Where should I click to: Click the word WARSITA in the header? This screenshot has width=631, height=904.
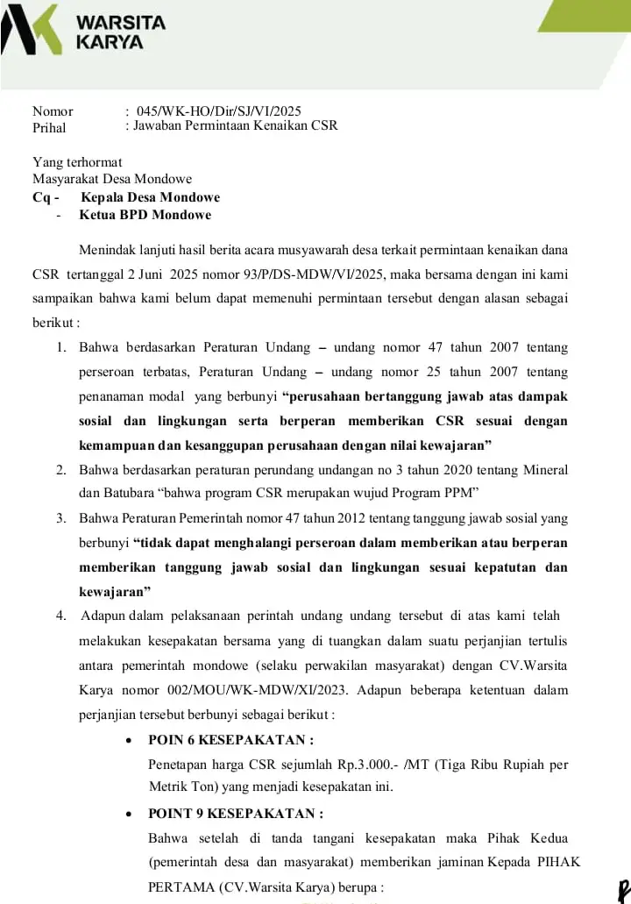coord(121,22)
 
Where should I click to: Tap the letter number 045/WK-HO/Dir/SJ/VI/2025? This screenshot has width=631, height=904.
coord(218,110)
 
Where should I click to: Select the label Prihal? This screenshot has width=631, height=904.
coord(49,127)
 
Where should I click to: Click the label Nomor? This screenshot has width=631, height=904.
coord(53,110)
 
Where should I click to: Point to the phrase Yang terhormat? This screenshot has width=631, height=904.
coord(77,162)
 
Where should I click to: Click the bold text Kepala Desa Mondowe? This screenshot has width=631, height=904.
coord(150,197)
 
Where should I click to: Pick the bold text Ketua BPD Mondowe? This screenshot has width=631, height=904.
coord(145,215)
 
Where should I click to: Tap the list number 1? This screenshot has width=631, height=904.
coord(62,347)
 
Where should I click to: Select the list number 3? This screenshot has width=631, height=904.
coord(62,517)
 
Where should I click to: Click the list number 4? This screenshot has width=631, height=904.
coord(62,615)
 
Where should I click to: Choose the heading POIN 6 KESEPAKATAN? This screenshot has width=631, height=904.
coord(230,739)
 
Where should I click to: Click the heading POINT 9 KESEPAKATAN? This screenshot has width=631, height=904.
coord(236,813)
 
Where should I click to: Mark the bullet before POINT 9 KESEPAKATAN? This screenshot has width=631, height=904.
coord(129,813)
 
